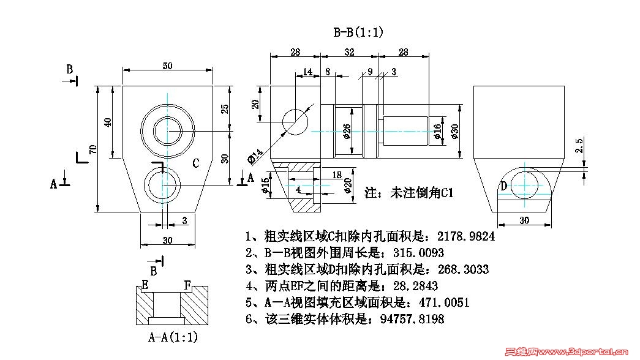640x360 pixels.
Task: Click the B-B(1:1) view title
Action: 358,33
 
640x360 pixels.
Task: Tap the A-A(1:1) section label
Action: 173,337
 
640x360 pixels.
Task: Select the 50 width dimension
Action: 167,66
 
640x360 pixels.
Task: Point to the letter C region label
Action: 196,163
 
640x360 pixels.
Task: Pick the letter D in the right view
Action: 503,186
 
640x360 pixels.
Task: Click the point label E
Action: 145,285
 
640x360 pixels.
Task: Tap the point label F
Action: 189,285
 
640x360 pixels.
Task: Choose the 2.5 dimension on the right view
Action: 579,146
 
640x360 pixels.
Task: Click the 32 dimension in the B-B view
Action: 349,53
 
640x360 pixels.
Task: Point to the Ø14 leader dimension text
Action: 255,156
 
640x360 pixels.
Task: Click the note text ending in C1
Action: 408,193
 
